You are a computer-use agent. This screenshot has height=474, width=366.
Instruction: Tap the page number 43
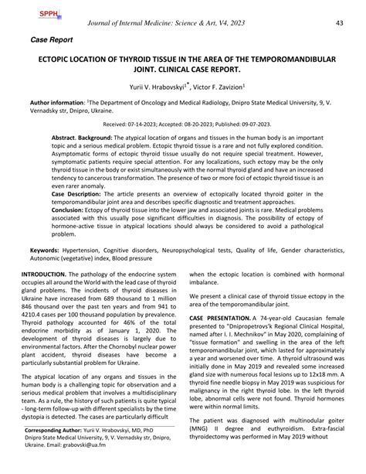click(338, 23)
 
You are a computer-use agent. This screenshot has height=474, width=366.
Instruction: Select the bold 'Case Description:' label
click(76, 192)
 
